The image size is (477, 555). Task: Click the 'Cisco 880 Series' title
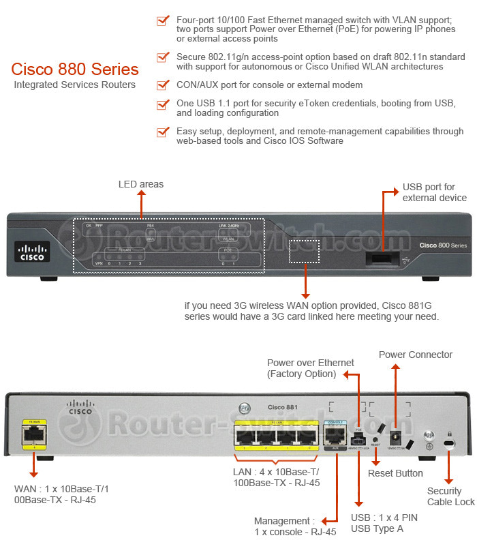pos(75,70)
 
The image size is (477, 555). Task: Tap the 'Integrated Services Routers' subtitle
pos(75,85)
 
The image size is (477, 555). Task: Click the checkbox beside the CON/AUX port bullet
pos(162,85)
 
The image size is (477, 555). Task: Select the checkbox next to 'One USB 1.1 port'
pos(162,104)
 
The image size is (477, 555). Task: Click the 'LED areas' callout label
pos(141,184)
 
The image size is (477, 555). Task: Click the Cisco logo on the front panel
pos(31,253)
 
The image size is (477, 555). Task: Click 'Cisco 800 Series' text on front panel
pos(442,245)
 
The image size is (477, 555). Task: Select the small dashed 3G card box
pos(304,251)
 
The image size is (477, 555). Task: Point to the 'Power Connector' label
pos(415,355)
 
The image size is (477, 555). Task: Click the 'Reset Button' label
pos(395,473)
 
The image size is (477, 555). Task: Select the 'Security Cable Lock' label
pos(450,496)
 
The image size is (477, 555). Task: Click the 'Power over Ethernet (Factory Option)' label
pos(310,368)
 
